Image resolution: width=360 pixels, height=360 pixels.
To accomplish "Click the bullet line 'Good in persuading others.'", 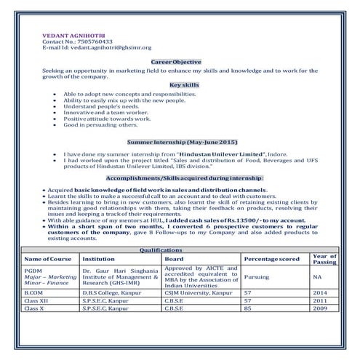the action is pos(96,125).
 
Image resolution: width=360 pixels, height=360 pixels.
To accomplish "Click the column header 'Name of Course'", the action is pos(49,259).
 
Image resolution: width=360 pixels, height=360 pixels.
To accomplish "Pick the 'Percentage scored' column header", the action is pos(271,259).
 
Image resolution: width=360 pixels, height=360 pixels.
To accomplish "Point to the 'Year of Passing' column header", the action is pos(324,258).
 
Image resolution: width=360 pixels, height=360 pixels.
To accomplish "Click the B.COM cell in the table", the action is pos(34,292).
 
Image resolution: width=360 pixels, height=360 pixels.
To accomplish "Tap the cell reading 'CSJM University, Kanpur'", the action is pos(196,292).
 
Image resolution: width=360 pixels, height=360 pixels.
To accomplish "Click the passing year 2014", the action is pos(320,292).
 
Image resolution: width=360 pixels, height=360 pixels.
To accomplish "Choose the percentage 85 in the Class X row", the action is pos(248,308).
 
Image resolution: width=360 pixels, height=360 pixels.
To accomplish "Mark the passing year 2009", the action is pos(320,308).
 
